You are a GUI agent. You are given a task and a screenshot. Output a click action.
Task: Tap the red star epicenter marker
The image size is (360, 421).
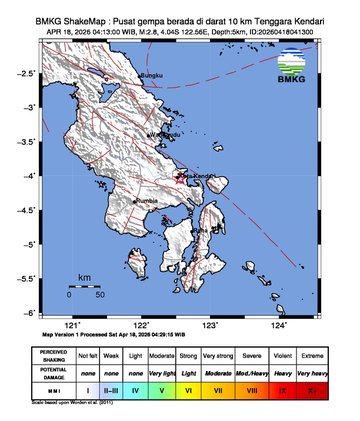[x=181, y=177]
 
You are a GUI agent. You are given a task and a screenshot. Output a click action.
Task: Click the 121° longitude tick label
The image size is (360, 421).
[x=73, y=325]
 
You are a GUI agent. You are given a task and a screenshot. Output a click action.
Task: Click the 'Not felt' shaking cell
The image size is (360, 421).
[x=88, y=355]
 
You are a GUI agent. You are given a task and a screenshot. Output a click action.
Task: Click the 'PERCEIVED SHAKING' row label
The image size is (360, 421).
[x=53, y=355]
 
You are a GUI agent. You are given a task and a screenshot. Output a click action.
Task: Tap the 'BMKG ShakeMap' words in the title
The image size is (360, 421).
[x=70, y=19]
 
